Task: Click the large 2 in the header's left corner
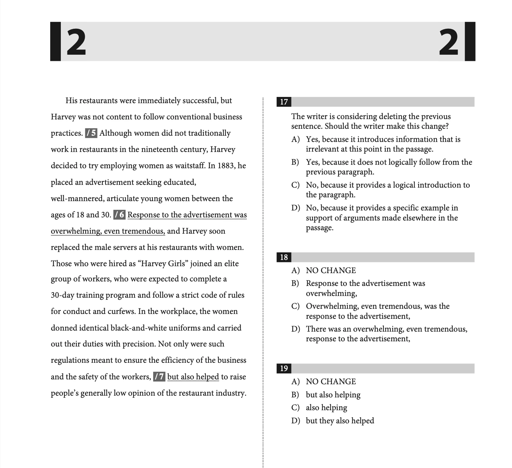[76, 43]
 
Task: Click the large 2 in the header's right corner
[449, 43]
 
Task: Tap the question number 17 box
[284, 102]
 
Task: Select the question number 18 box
[284, 257]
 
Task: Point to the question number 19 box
[284, 368]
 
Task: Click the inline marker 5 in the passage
[91, 133]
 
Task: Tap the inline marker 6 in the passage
[120, 215]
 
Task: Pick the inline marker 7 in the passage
[159, 377]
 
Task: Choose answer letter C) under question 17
[295, 185]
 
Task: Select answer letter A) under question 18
[295, 271]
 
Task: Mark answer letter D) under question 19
[295, 421]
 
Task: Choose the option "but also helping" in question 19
[333, 395]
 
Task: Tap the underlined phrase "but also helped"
[193, 377]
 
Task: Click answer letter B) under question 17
[295, 162]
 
